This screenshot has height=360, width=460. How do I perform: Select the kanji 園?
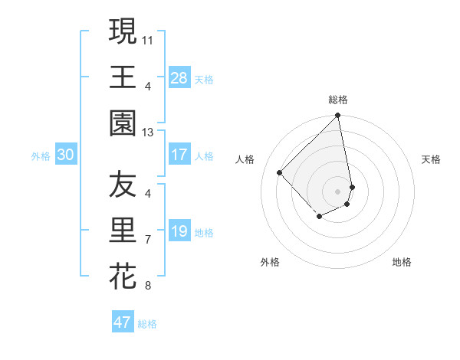[x=123, y=122]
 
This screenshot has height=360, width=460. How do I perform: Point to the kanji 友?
[x=123, y=185]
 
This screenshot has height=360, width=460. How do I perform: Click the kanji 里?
[x=123, y=230]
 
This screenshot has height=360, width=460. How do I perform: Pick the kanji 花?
[x=123, y=275]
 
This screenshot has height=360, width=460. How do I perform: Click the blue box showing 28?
[x=179, y=77]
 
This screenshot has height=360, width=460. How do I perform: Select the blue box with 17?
[x=179, y=155]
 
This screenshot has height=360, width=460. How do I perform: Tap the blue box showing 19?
[x=179, y=231]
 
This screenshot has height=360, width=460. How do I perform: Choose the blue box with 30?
[x=65, y=155]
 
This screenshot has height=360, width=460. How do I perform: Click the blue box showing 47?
[x=123, y=322]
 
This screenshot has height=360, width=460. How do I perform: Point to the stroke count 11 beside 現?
[x=147, y=38]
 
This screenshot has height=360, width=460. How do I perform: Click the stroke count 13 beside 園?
[x=147, y=132]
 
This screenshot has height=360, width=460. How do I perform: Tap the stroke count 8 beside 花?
[x=147, y=286]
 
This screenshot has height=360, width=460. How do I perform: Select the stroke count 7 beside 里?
[x=147, y=240]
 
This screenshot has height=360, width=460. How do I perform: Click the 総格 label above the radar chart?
[x=338, y=100]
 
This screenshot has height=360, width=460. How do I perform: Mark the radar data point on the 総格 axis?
[x=338, y=116]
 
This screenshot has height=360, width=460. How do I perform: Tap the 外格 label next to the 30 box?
[x=41, y=156]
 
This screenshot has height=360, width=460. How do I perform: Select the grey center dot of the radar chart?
[x=338, y=191]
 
